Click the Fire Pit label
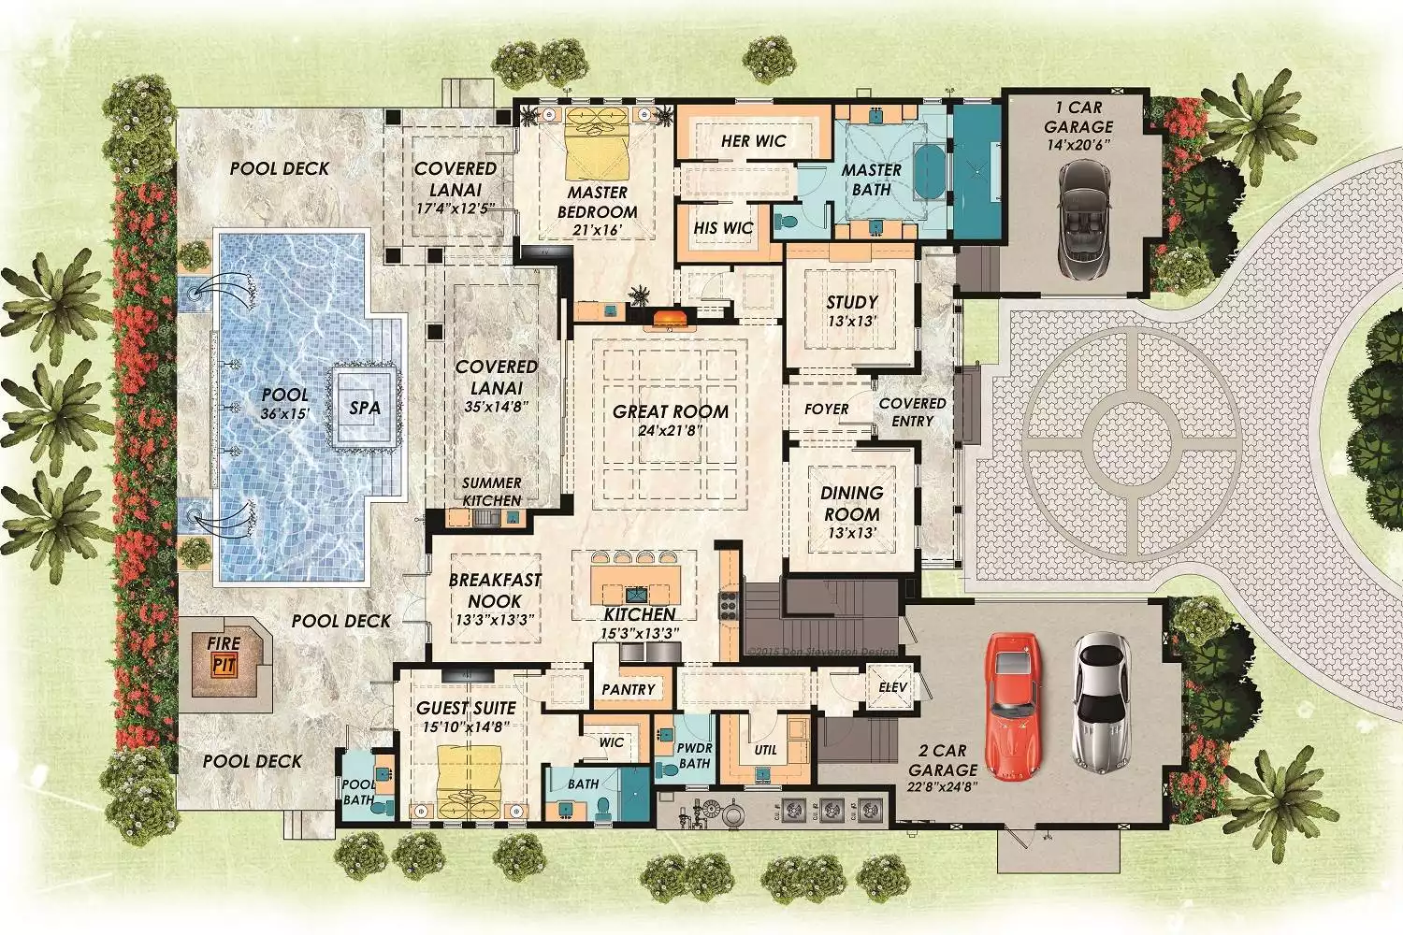click(224, 654)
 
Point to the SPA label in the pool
click(365, 408)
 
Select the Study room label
click(851, 302)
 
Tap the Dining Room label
click(851, 503)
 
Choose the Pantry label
click(629, 689)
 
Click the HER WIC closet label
click(753, 141)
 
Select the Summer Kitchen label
click(492, 491)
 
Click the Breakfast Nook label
click(495, 590)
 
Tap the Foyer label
click(826, 409)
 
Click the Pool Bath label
click(358, 791)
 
